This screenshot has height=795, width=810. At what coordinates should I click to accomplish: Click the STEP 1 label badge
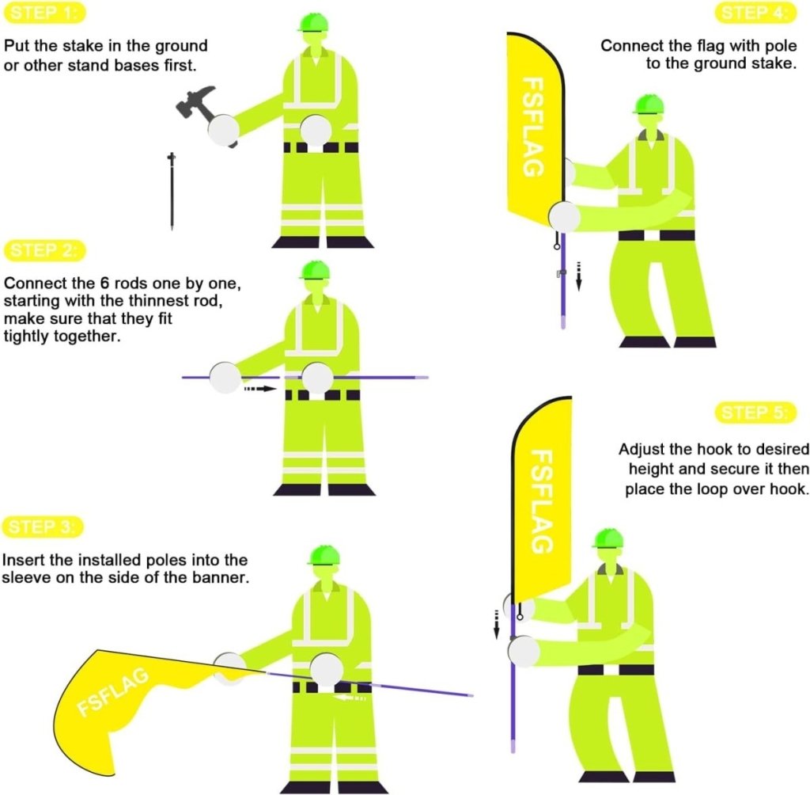tap(44, 13)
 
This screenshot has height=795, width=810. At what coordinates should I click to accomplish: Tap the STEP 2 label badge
tap(45, 251)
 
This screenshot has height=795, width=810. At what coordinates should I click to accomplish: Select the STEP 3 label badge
tap(44, 527)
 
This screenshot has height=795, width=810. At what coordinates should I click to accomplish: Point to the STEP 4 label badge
tap(755, 13)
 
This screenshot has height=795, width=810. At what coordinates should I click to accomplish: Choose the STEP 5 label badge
tap(755, 413)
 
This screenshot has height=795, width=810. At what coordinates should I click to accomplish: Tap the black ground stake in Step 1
tap(172, 192)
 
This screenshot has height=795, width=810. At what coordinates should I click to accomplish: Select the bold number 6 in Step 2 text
tap(105, 283)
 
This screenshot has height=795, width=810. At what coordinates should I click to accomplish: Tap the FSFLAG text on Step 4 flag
tap(532, 127)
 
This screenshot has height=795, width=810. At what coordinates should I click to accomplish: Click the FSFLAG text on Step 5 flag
tap(543, 500)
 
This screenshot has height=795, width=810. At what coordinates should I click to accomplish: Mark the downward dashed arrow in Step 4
tap(578, 276)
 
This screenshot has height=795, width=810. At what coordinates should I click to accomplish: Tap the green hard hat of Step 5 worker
tap(608, 538)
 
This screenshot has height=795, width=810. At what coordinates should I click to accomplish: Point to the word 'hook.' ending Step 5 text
tap(789, 489)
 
